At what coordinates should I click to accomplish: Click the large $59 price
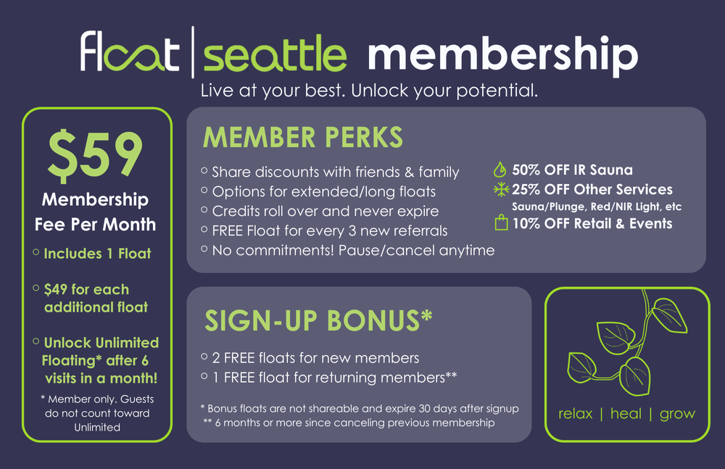pyautogui.click(x=96, y=154)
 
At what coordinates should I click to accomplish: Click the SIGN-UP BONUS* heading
pyautogui.click(x=318, y=320)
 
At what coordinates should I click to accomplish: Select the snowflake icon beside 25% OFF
pyautogui.click(x=500, y=190)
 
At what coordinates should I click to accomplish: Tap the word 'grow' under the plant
pyautogui.click(x=677, y=414)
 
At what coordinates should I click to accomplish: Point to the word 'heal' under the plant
pyautogui.click(x=626, y=414)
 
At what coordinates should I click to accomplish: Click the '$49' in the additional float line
pyautogui.click(x=56, y=289)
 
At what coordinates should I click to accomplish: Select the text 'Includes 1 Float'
pyautogui.click(x=98, y=254)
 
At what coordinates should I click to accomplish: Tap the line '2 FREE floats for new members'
pyautogui.click(x=315, y=358)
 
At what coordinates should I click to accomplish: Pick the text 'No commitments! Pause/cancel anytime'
pyautogui.click(x=352, y=251)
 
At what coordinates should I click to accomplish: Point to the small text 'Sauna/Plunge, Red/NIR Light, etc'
pyautogui.click(x=597, y=207)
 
